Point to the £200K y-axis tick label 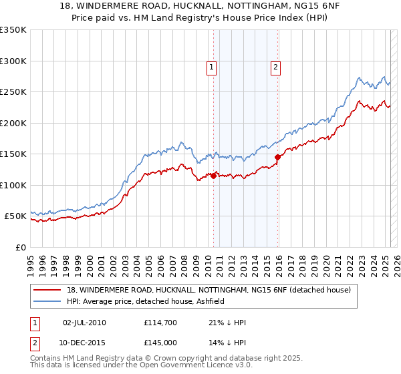[13, 123]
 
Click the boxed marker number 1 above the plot [211, 66]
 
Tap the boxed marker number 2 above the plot [275, 66]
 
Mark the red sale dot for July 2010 [214, 176]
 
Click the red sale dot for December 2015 [277, 158]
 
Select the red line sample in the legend [48, 290]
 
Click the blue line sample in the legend [48, 301]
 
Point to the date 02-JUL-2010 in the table [84, 323]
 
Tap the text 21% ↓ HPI [227, 323]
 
